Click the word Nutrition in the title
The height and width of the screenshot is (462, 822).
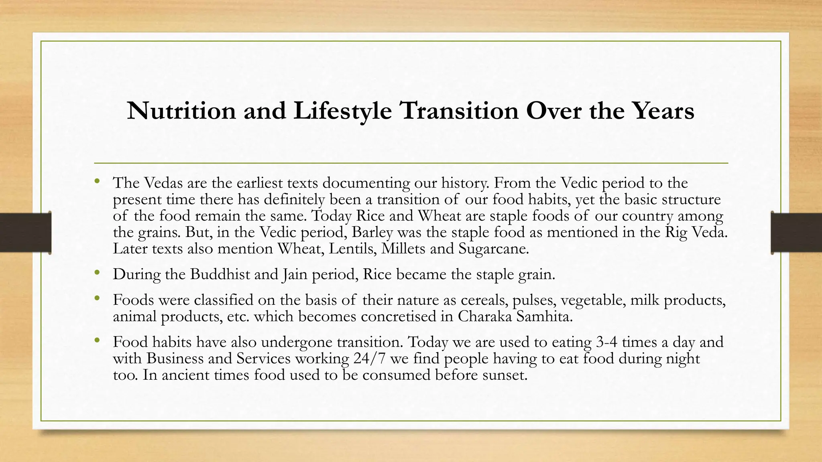pos(181,111)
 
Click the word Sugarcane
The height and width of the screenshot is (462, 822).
pos(493,249)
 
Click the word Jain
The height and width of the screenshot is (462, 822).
pos(294,275)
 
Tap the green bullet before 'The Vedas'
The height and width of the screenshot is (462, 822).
pos(96,181)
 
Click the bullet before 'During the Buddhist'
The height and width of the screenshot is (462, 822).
pos(96,273)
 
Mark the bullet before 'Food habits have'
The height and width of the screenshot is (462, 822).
pos(96,340)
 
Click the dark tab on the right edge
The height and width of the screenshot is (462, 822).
pos(796,233)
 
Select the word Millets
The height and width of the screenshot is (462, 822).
pos(403,249)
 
